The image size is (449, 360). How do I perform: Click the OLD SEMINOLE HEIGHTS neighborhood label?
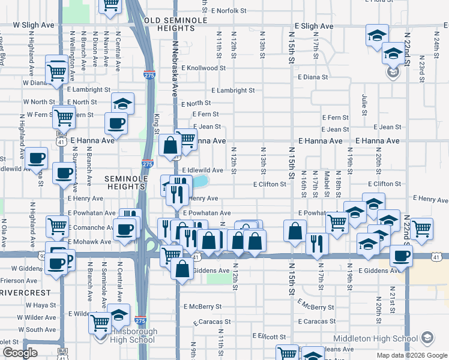pyautogui.click(x=175, y=24)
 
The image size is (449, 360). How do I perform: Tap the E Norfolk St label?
pyautogui.click(x=226, y=11)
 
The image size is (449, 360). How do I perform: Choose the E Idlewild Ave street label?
pyautogui.click(x=202, y=170)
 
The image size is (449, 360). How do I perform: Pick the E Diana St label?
pyautogui.click(x=313, y=77)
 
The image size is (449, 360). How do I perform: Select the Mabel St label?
pyautogui.click(x=327, y=183)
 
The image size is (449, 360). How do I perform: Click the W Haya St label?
pyautogui.click(x=40, y=305)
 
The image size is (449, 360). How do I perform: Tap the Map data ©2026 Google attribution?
pyautogui.click(x=411, y=355)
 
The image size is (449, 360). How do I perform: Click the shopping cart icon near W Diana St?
pyautogui.click(x=57, y=71)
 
